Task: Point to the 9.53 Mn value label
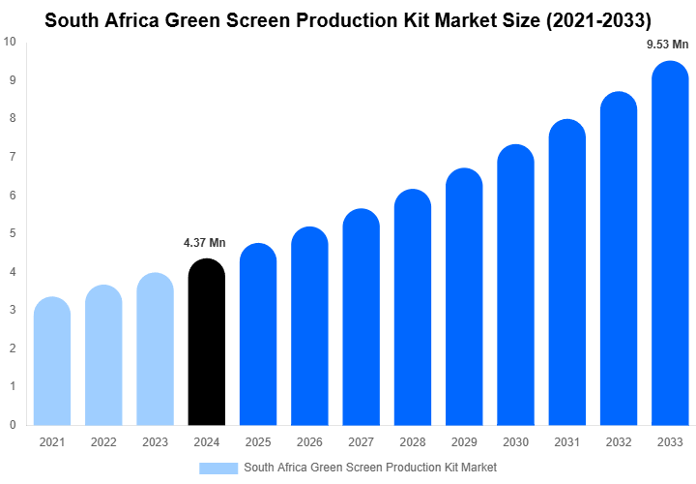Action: tap(668, 44)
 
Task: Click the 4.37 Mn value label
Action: tap(204, 242)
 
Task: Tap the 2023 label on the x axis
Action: tap(155, 442)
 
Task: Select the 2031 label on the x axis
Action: tap(566, 442)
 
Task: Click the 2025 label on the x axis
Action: tap(258, 442)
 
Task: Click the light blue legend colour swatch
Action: tap(218, 468)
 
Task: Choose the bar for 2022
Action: tap(103, 355)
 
